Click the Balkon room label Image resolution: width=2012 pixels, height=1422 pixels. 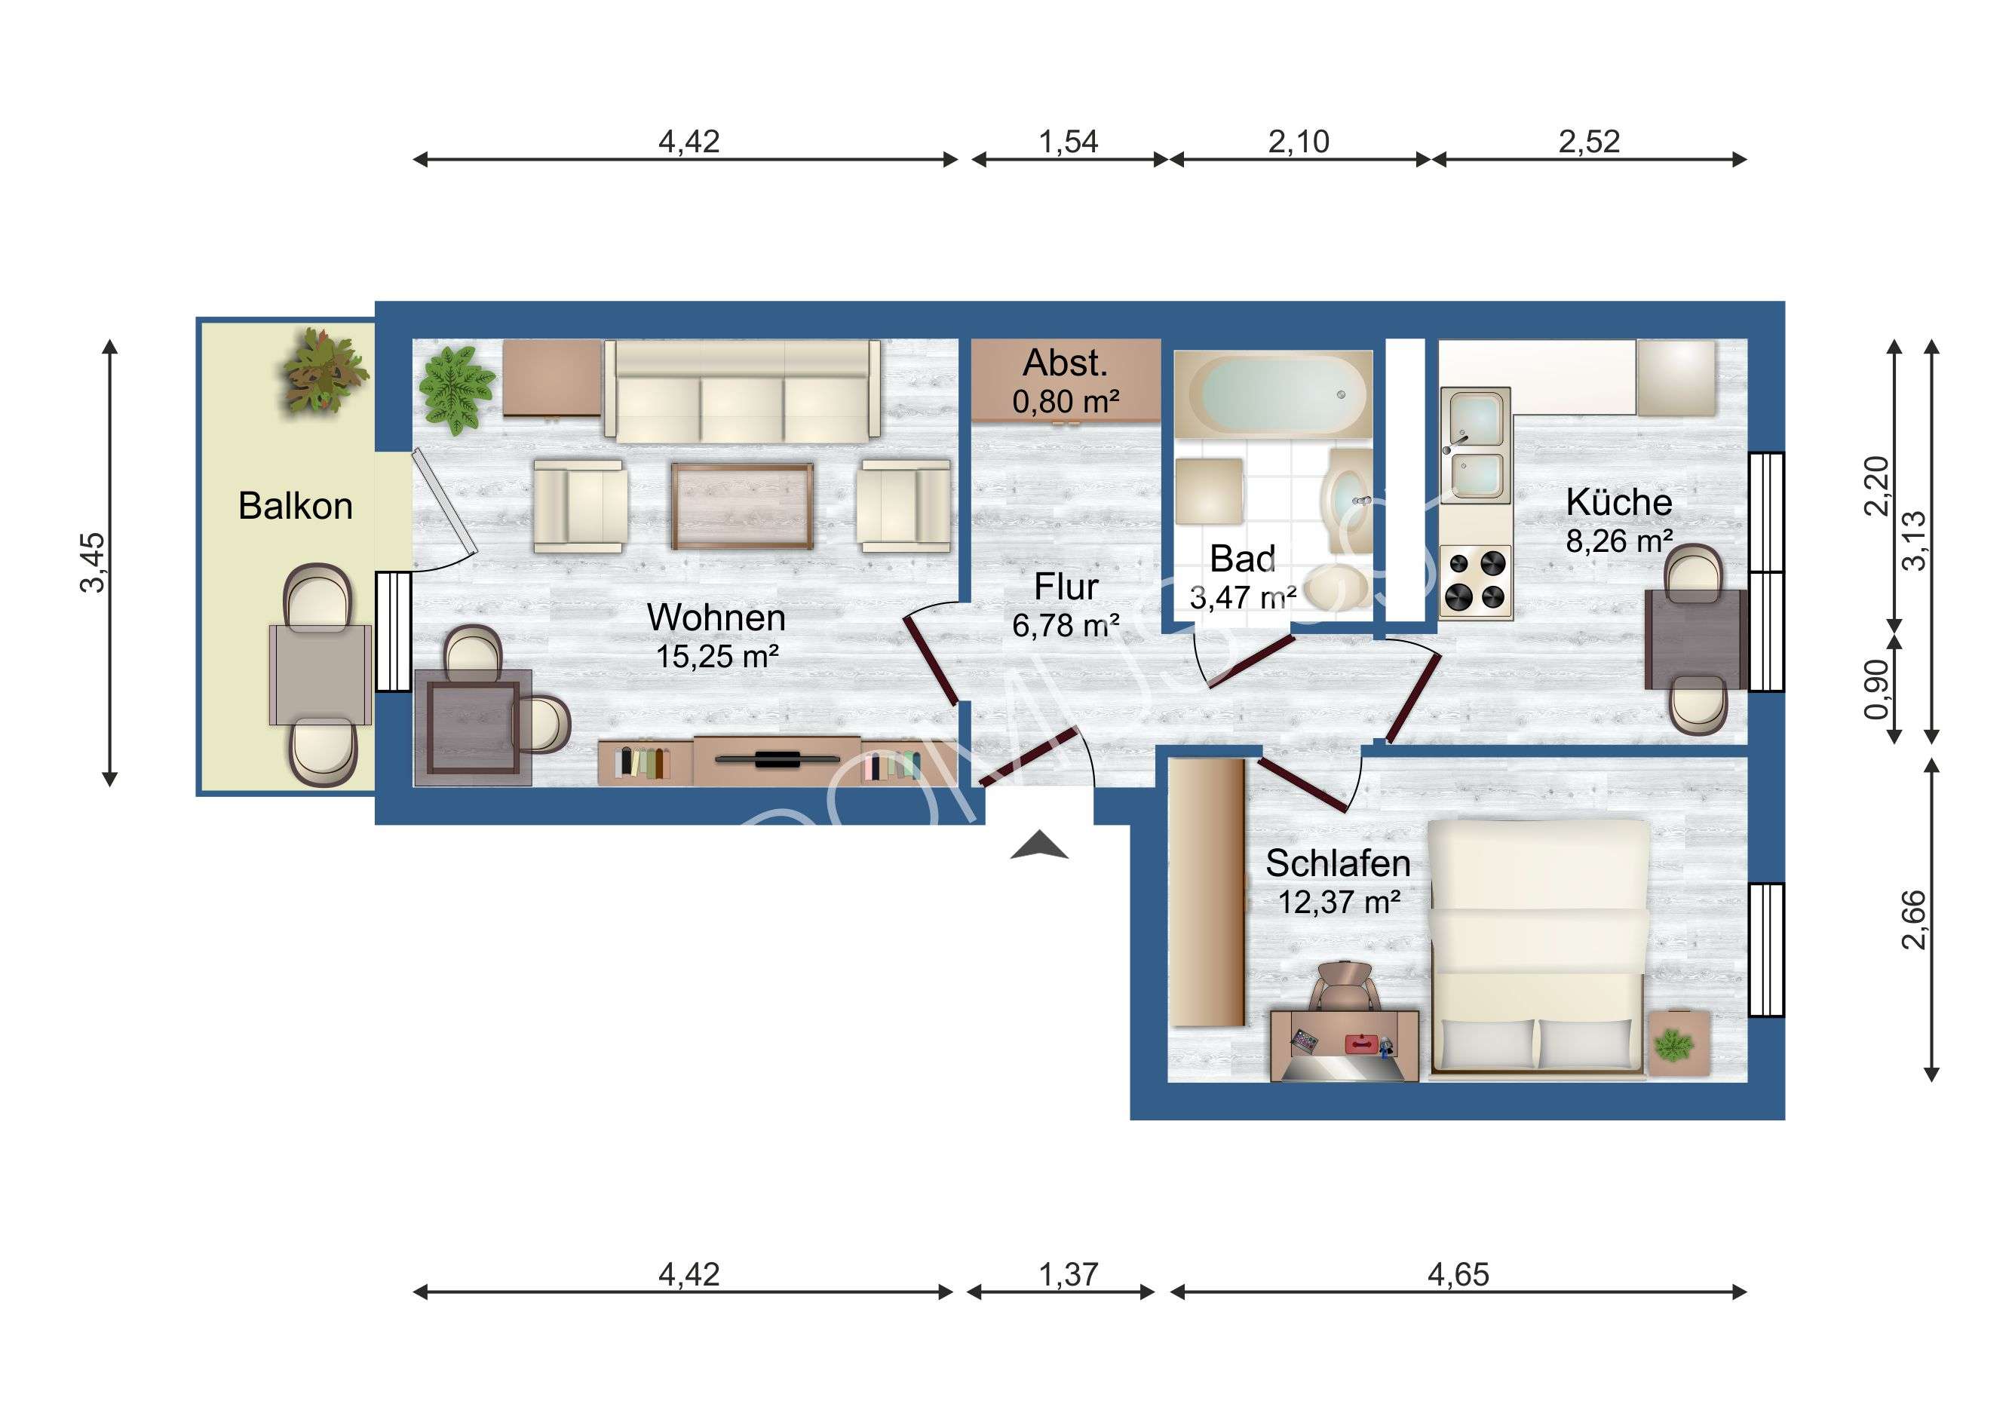pos(296,507)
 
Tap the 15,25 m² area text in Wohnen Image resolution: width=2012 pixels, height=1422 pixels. pos(718,656)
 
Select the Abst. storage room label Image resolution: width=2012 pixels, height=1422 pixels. pos(1066,363)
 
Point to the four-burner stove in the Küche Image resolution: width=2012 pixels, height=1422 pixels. pos(1475,579)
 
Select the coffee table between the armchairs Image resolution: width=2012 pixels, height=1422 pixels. pos(742,506)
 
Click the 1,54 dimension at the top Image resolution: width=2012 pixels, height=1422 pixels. pos(1069,142)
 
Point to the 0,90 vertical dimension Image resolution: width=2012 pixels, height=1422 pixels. pos(1876,690)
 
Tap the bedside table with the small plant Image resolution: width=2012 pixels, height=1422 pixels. pos(1679,1044)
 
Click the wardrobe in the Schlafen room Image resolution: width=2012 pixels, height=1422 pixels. pos(1207,892)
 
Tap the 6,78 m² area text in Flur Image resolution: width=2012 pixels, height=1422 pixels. pos(1066,626)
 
